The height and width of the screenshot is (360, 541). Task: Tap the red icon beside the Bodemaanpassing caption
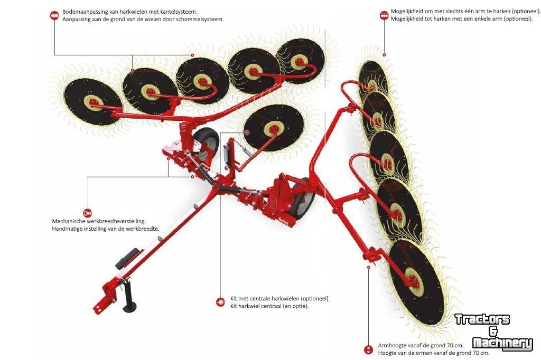(54, 15)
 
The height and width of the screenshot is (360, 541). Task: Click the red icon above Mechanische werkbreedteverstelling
(88, 213)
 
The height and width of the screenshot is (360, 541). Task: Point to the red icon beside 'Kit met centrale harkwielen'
(220, 302)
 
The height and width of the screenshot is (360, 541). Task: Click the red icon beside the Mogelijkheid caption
(384, 15)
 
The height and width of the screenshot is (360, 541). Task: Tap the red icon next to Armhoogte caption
(368, 349)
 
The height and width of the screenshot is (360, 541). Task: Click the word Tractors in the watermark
(482, 319)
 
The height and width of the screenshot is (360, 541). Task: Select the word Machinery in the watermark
(502, 344)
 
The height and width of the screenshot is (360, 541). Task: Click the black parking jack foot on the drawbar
(130, 307)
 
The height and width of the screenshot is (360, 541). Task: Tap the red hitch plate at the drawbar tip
(102, 306)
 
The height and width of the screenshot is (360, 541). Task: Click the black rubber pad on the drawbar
(127, 259)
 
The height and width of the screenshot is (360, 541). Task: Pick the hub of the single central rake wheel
(273, 130)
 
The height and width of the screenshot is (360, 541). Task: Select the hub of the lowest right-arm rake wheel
(415, 280)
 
